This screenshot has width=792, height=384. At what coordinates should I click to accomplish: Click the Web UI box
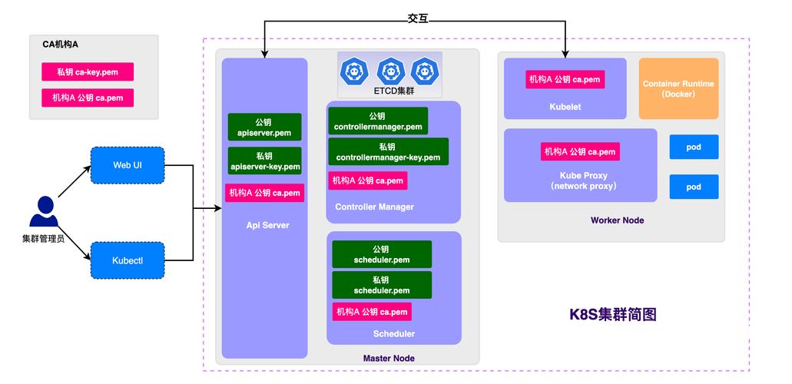point(128,165)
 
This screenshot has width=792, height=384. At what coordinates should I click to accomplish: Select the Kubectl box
point(128,260)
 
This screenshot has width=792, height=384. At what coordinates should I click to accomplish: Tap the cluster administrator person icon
point(43,213)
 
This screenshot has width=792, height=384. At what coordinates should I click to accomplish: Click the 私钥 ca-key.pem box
point(87,71)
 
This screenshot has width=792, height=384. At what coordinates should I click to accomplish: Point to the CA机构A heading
point(61,45)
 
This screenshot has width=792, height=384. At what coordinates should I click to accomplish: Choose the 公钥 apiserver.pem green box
point(264,127)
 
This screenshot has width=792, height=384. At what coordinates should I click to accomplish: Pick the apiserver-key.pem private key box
point(264,161)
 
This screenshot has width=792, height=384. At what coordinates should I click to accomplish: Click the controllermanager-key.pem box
point(388,152)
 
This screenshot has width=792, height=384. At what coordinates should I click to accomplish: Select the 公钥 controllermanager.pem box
point(377,121)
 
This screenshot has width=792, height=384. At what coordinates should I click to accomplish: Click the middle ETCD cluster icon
point(390,71)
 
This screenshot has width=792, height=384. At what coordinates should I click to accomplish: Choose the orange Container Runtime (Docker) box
point(678,88)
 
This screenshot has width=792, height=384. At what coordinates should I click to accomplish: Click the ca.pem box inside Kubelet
point(564,79)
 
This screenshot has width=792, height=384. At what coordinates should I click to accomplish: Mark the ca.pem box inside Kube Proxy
point(579,151)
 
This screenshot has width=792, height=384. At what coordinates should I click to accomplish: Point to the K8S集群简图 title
point(612,314)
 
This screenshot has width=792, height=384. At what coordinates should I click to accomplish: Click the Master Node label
point(389,359)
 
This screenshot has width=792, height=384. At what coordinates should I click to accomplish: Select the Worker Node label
point(617,220)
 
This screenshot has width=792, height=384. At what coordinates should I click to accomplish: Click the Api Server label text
point(267,225)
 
